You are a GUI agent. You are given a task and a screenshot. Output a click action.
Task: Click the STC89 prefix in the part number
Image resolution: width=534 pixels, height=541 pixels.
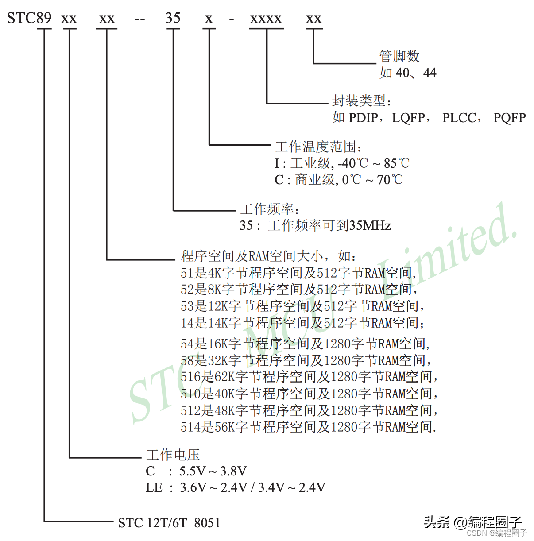click(x=29, y=18)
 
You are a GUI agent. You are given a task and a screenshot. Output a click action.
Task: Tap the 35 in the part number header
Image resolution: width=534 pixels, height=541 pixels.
click(x=173, y=18)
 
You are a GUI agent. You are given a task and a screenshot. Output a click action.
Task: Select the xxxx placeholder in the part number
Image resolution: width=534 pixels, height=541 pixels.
click(x=266, y=19)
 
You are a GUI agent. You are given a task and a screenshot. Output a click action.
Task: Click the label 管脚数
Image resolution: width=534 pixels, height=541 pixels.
click(x=399, y=56)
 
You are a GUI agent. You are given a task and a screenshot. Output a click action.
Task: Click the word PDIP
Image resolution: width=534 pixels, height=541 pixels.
click(x=363, y=118)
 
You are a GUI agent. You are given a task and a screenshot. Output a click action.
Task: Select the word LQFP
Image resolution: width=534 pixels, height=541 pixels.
click(x=408, y=118)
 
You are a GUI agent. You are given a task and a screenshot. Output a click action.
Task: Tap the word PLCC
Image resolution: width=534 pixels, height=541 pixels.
click(x=459, y=118)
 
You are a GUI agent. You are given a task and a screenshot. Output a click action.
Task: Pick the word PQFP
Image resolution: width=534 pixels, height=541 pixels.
click(x=510, y=118)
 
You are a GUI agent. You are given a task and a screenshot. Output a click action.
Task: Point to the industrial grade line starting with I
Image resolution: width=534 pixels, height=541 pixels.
click(x=342, y=163)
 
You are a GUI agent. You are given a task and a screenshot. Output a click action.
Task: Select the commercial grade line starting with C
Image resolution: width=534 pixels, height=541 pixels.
click(x=339, y=180)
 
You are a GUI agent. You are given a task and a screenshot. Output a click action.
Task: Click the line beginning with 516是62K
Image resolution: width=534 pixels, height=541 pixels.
click(x=309, y=377)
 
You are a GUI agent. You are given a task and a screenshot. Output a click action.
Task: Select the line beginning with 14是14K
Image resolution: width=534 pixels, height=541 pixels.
click(x=302, y=323)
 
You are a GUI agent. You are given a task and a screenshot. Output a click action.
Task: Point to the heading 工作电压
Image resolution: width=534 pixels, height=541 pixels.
click(x=173, y=455)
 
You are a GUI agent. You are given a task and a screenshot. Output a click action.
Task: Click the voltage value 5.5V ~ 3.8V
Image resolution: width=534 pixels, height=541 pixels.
click(x=213, y=471)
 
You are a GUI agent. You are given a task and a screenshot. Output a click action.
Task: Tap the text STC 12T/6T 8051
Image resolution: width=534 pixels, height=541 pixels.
click(x=169, y=523)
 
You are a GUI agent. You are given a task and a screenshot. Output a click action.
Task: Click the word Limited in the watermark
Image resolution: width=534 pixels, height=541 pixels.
click(x=447, y=248)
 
